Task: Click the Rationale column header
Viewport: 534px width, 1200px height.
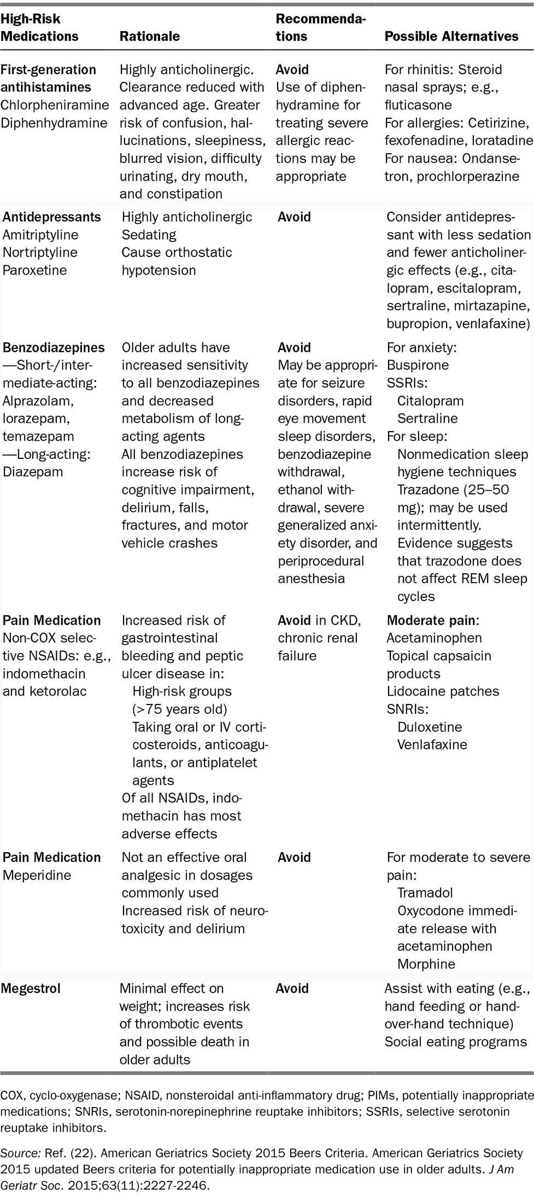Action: point(149,36)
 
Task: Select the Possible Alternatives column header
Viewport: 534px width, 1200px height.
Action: point(451,36)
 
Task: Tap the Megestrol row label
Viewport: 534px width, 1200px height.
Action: point(30,988)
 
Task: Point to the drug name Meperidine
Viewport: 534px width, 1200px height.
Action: point(37,875)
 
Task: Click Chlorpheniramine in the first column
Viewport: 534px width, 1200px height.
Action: point(55,105)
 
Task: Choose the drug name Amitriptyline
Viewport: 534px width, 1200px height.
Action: point(40,235)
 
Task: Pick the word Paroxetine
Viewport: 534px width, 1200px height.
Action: point(34,270)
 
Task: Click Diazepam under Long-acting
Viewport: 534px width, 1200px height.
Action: point(32,471)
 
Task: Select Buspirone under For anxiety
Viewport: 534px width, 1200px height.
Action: point(418,365)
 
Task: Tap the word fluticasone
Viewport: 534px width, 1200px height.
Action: point(418,105)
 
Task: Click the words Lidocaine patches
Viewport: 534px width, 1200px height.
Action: point(443,691)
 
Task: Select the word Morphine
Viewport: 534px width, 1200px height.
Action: point(426,964)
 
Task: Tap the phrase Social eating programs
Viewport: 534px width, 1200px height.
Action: point(455,1042)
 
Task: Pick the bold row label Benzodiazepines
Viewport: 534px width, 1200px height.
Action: point(54,348)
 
